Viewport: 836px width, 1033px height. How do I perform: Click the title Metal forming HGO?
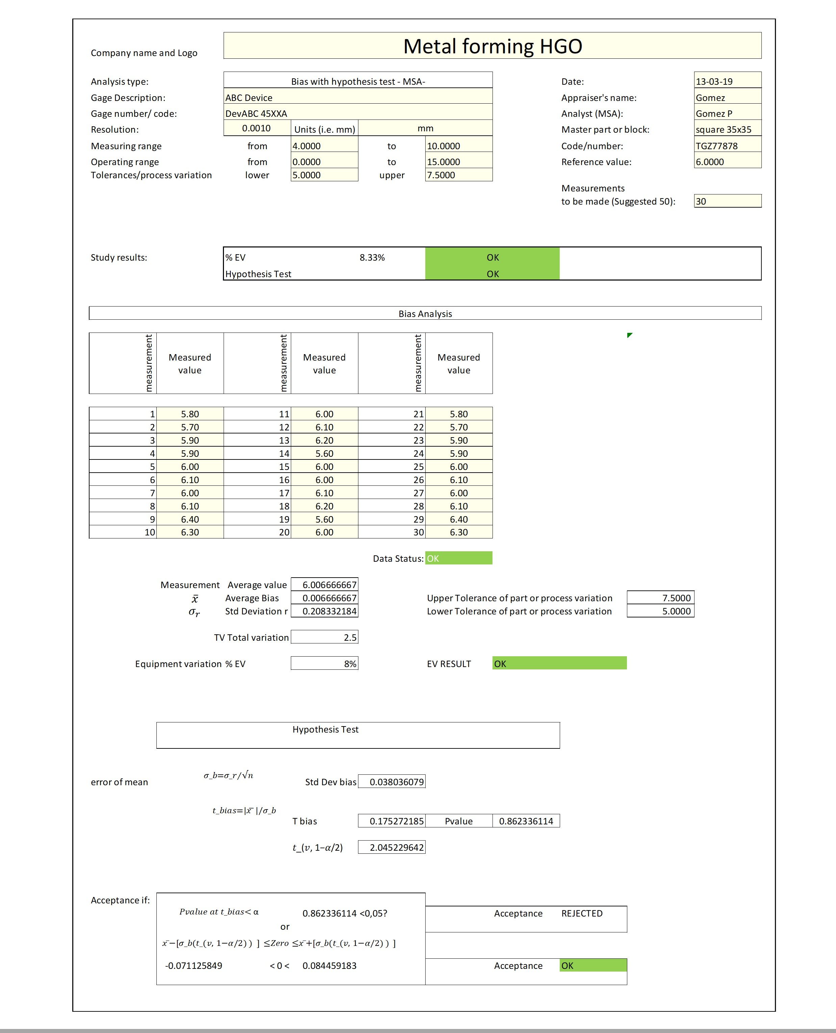point(492,46)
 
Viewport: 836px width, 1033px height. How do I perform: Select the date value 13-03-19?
point(714,81)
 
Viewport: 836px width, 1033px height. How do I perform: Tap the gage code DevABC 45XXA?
point(256,114)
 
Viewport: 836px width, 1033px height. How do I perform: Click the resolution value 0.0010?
point(256,128)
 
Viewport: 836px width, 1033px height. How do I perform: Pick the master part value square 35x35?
point(723,130)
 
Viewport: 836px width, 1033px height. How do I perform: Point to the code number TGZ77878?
point(716,146)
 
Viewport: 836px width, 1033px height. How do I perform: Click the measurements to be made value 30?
point(701,201)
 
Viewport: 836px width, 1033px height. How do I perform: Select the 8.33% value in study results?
point(372,258)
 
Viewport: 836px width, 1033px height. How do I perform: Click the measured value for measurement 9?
point(190,519)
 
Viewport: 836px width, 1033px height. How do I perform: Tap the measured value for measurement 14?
point(324,453)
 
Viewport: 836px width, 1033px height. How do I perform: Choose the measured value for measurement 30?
point(458,532)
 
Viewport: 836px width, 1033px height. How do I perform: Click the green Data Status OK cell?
point(458,558)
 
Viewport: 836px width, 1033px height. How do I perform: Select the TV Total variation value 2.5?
point(350,637)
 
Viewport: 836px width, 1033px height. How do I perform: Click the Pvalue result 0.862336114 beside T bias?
point(526,821)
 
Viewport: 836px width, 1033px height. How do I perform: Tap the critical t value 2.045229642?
point(396,847)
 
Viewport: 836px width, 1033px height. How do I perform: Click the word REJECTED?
point(582,913)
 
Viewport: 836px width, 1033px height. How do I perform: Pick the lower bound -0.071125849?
point(194,965)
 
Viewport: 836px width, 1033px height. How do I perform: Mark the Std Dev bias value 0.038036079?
point(396,782)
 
